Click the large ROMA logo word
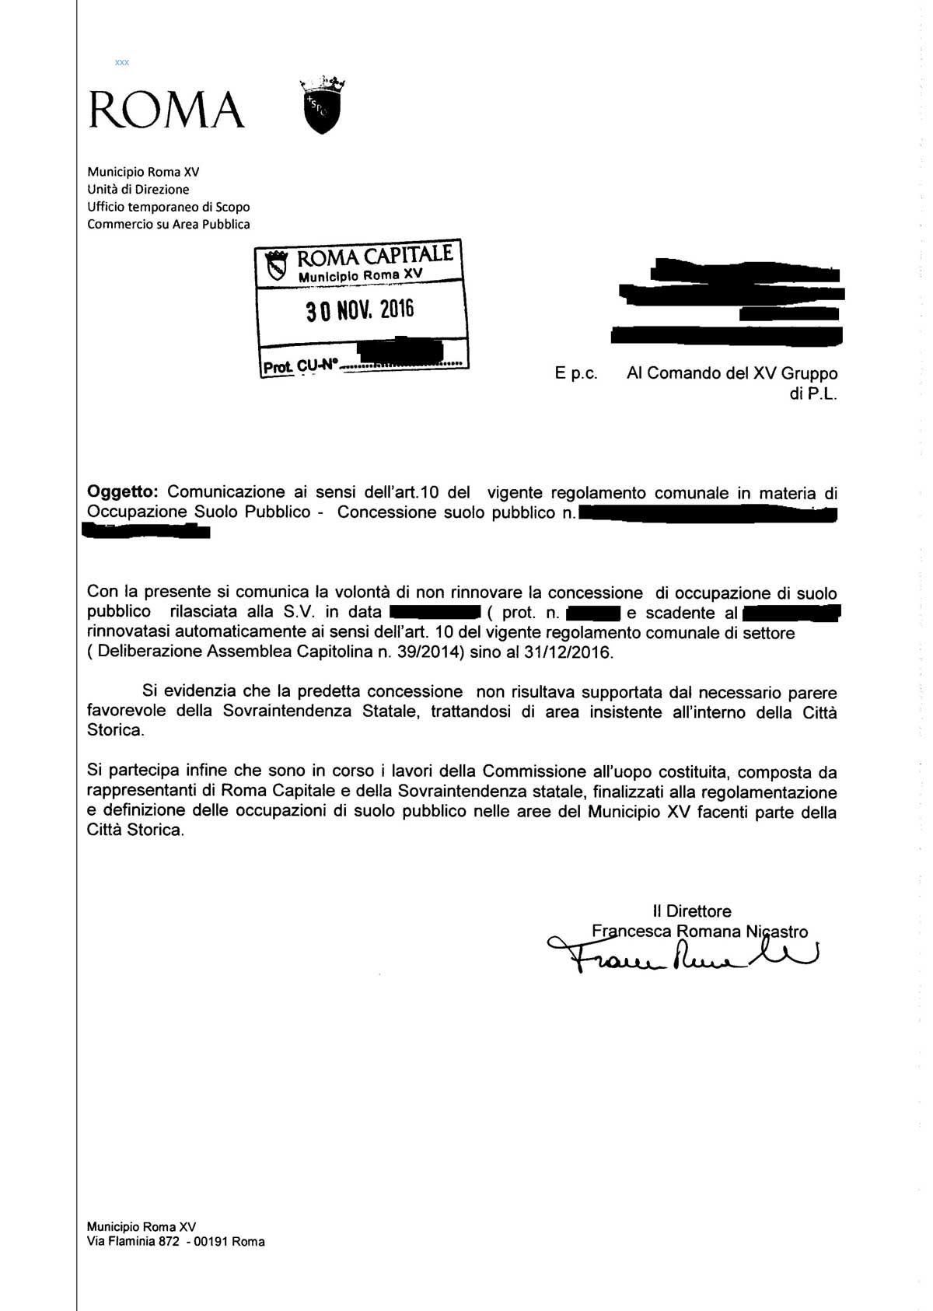coord(166,110)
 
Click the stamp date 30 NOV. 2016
coord(360,310)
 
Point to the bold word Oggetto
coord(123,492)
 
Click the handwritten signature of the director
coord(684,955)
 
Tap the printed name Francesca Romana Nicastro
coord(699,932)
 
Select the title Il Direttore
coord(692,911)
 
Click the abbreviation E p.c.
coord(576,373)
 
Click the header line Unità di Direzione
coord(138,189)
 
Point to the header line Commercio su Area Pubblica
coord(169,225)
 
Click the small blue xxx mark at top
coord(121,62)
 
